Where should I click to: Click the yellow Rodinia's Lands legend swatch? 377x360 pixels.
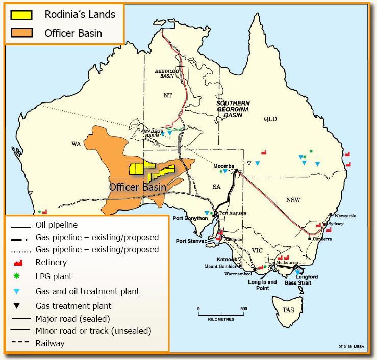21,14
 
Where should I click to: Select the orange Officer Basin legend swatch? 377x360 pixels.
21,33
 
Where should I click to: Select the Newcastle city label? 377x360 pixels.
345,216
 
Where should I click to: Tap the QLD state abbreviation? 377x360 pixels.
270,119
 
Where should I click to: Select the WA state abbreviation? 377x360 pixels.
77,144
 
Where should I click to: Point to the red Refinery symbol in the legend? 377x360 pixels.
20,263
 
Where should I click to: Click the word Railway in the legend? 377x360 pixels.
50,343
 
